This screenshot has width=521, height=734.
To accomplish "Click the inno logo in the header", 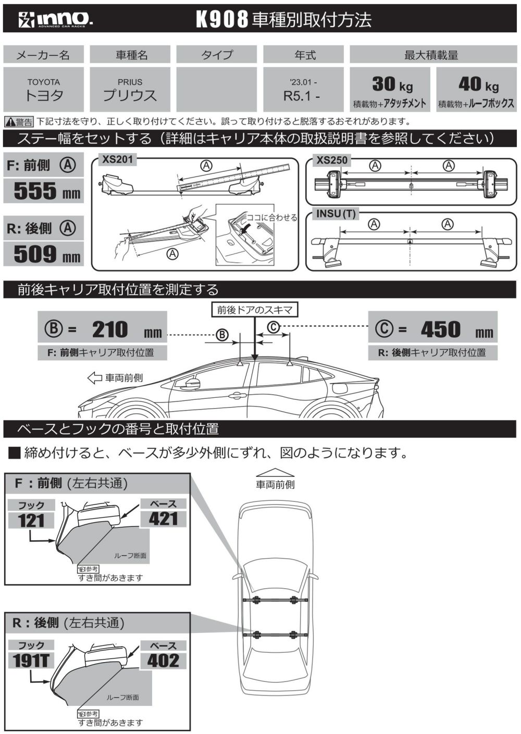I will (x=55, y=20).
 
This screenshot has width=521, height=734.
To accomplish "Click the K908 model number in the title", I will (x=221, y=20).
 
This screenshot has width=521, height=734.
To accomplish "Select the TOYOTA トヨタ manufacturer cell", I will (x=44, y=89).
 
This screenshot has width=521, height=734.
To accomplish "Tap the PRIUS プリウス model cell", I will (x=130, y=89).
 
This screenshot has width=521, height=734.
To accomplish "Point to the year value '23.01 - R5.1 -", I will (x=303, y=89).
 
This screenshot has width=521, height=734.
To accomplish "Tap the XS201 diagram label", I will (x=118, y=159).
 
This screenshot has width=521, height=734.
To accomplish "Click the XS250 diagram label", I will (x=332, y=160).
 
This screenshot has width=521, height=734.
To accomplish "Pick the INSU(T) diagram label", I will (x=336, y=213).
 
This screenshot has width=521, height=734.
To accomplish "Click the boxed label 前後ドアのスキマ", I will (x=255, y=310).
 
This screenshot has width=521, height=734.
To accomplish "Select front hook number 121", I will (x=31, y=520).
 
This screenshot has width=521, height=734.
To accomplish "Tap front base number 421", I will (x=163, y=518).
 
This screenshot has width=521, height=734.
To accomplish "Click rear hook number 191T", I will (x=31, y=661).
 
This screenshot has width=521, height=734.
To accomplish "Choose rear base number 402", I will (x=163, y=660).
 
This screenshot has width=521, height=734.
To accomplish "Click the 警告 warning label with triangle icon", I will (x=19, y=122).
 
